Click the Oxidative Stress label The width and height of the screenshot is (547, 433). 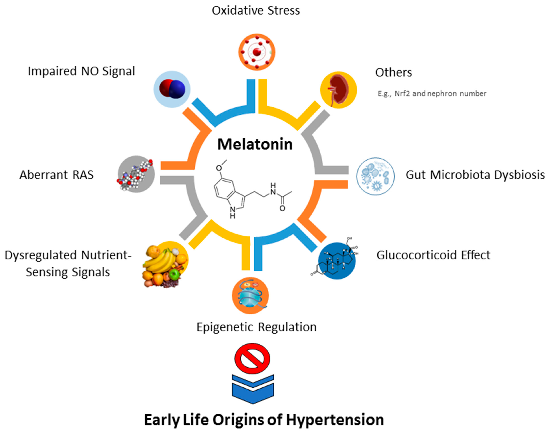pos(256,11)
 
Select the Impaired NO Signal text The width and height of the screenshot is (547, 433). pos(81,71)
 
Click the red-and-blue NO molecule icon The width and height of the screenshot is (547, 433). pos(172,89)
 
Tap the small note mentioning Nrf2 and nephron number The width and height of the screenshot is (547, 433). pos(432,94)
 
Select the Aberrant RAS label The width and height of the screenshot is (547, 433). pos(57,175)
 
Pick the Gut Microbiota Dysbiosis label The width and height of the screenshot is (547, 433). pos(475,175)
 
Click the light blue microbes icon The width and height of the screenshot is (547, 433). pos(375,176)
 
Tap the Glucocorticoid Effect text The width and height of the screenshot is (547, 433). pos(433,255)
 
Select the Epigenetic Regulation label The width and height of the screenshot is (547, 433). pos(256,327)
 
